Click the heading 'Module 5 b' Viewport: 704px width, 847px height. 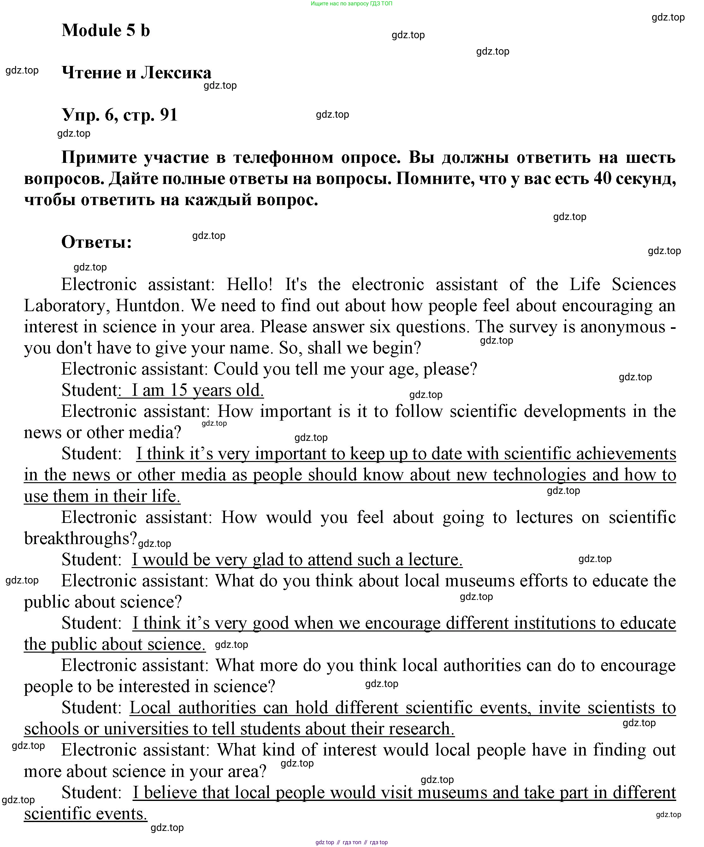point(106,31)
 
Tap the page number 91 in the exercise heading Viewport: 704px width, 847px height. point(169,115)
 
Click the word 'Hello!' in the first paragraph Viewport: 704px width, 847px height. point(250,284)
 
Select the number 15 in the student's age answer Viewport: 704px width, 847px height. point(179,390)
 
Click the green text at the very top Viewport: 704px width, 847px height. point(351,4)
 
